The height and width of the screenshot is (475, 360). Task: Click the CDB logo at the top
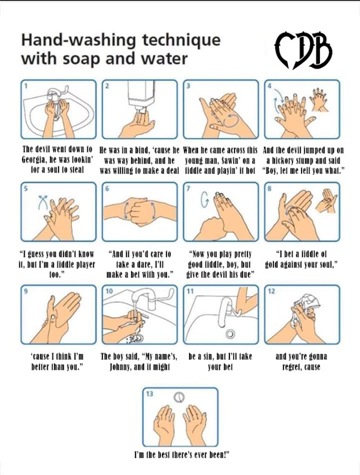click(303, 50)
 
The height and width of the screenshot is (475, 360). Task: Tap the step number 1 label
click(26, 86)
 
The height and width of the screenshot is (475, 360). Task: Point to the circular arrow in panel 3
click(231, 120)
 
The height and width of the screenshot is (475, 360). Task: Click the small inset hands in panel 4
click(319, 99)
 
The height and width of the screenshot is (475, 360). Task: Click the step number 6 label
click(107, 188)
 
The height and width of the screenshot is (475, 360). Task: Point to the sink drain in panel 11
click(230, 333)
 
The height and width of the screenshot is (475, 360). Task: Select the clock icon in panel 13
click(179, 397)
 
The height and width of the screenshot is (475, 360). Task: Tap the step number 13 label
click(150, 393)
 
